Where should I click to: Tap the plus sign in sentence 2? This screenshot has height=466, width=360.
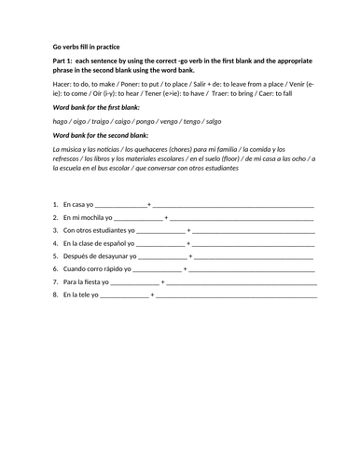coord(166,216)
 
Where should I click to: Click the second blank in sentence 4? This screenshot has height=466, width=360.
coord(252,242)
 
